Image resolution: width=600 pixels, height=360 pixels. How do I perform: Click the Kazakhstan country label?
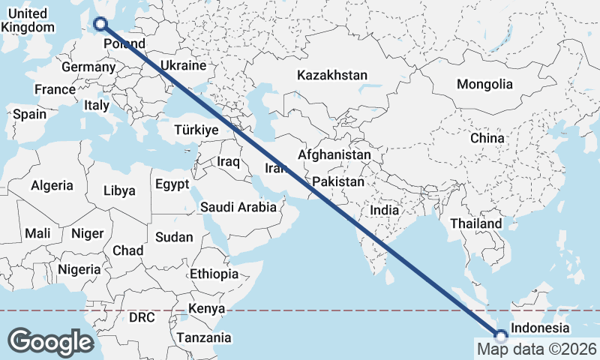pos(332,75)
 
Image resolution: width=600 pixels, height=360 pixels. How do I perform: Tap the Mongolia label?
pos(484,84)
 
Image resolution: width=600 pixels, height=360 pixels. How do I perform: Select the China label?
pos(487,138)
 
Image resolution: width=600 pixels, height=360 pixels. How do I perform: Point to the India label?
pos(385,211)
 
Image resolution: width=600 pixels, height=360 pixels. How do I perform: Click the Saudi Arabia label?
pos(238,207)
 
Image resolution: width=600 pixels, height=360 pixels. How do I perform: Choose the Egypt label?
pos(172,184)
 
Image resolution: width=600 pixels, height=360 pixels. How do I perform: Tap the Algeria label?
pos(52,185)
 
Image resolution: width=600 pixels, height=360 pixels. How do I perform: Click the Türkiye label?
pos(196,130)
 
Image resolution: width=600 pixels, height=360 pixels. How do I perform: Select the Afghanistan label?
pos(334,155)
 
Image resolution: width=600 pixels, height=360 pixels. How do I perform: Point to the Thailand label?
pos(475,223)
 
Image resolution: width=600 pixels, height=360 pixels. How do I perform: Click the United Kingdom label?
pos(28,20)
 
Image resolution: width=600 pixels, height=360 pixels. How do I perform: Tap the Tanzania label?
pos(204,338)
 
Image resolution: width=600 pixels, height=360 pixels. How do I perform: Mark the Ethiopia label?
pos(214,274)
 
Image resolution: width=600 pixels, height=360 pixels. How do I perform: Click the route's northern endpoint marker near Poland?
pos(100,24)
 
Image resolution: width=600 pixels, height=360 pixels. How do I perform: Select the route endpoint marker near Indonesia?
pos(500,335)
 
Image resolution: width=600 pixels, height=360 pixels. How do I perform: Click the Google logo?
pos(50,341)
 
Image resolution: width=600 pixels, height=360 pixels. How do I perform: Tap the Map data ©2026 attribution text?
pos(536,349)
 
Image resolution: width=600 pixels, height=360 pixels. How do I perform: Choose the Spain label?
pos(29,115)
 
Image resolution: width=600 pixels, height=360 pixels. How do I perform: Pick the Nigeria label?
pos(79,268)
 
